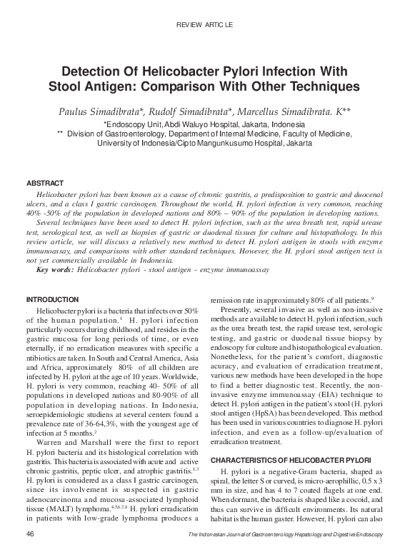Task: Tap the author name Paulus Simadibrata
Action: coord(106,112)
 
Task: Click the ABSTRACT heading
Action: coord(45,184)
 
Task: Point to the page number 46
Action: coord(30,534)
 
